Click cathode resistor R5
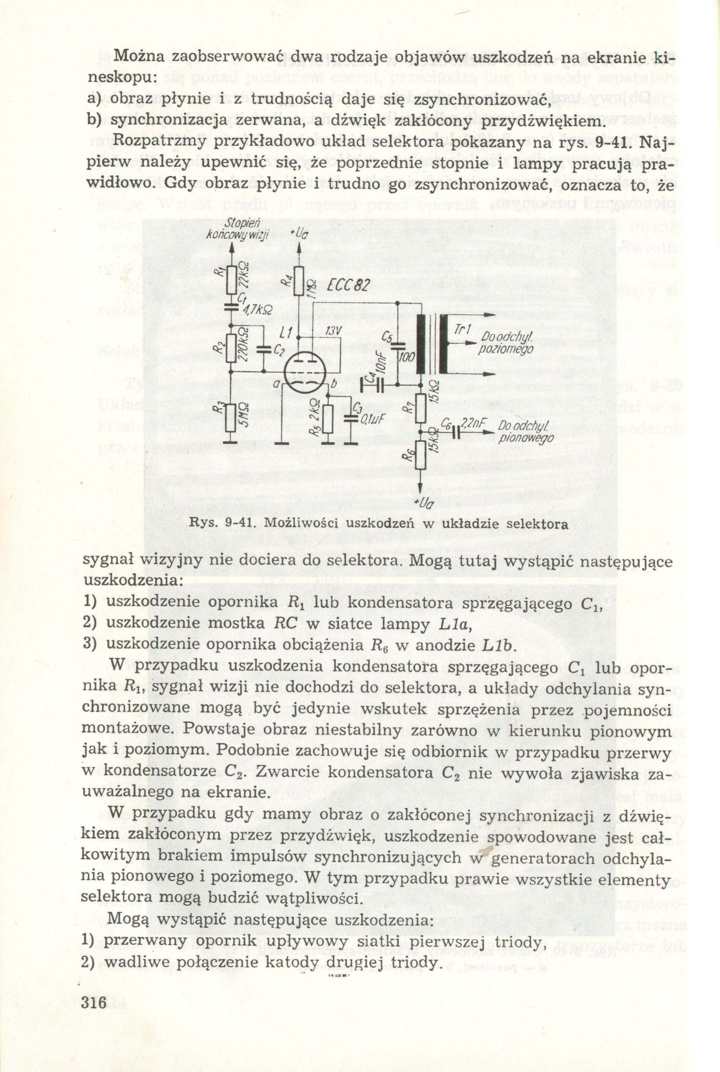327,419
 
